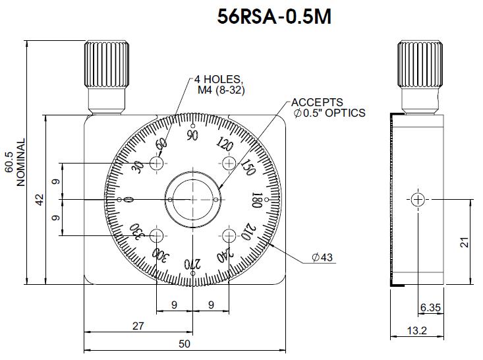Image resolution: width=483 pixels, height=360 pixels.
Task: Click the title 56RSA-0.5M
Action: pyautogui.click(x=274, y=16)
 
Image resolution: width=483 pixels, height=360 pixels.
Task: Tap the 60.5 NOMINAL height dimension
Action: pyautogui.click(x=14, y=162)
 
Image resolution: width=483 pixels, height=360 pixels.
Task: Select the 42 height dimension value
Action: pyautogui.click(x=40, y=199)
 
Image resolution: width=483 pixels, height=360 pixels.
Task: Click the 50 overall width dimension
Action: pyautogui.click(x=185, y=344)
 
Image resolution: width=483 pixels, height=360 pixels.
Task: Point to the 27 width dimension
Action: pyautogui.click(x=138, y=326)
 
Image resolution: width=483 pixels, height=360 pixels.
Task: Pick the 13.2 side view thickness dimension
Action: pyautogui.click(x=416, y=331)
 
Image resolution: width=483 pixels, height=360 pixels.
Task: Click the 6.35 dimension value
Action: pyautogui.click(x=430, y=307)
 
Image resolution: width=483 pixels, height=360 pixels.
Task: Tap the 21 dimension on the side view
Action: pyautogui.click(x=464, y=242)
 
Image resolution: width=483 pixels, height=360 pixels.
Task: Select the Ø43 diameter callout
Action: pyautogui.click(x=322, y=257)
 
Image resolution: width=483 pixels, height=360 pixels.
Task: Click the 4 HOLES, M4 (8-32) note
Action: pyautogui.click(x=219, y=85)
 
